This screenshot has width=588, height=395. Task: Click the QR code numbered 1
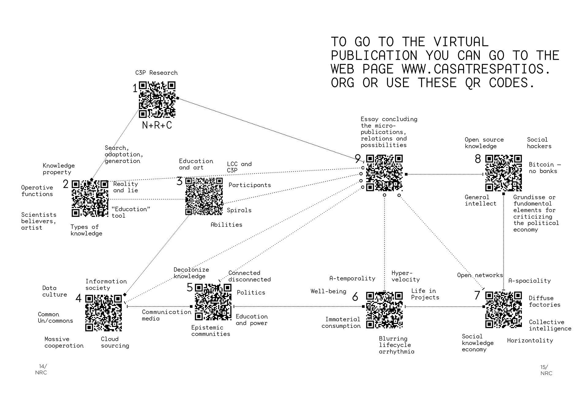click(157, 100)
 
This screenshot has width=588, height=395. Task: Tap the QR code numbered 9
click(384, 173)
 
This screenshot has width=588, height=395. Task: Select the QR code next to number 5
click(213, 302)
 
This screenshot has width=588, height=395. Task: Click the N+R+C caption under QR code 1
click(157, 125)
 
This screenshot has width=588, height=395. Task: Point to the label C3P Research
click(156, 73)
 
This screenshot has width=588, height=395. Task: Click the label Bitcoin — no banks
click(545, 168)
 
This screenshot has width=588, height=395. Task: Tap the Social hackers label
click(539, 143)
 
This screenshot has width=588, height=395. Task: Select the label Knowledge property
click(58, 169)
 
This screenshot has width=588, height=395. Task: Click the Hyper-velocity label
click(405, 276)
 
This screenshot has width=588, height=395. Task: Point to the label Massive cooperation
click(64, 342)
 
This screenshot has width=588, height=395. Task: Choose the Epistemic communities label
click(211, 331)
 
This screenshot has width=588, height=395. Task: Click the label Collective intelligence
click(550, 325)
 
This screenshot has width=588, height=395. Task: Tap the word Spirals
click(239, 210)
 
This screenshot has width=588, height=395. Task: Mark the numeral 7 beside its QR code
click(477, 295)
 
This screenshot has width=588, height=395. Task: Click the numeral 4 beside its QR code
click(79, 298)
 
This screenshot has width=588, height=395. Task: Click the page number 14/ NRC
click(41, 370)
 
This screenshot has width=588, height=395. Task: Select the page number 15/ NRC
click(546, 370)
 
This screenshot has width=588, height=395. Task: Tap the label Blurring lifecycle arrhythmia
click(397, 345)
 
